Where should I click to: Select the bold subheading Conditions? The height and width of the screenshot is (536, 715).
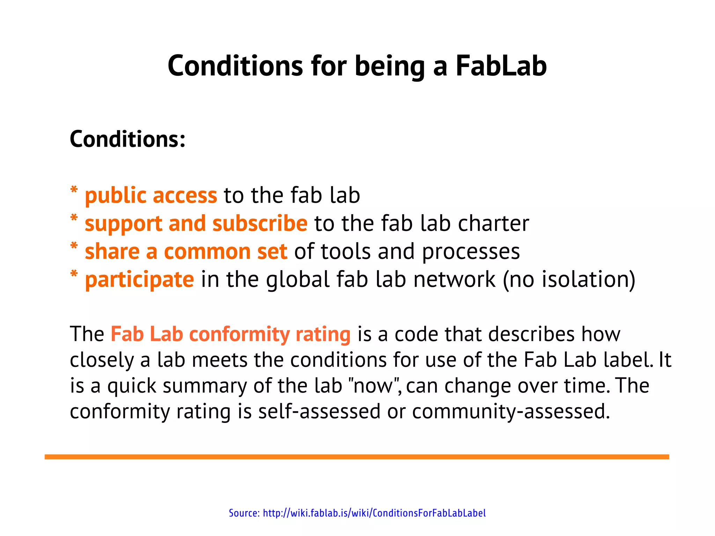coord(127,139)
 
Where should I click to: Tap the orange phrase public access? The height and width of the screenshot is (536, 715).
coord(151,195)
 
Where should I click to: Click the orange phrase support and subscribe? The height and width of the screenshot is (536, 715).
coord(196,224)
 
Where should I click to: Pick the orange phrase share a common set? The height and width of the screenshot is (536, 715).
coord(186,252)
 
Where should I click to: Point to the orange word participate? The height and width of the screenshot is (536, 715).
coord(139,280)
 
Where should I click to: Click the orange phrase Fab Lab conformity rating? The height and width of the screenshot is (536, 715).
coord(230,334)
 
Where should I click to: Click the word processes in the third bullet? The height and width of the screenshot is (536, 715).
coord(471,252)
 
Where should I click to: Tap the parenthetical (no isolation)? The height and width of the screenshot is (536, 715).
coord(569,280)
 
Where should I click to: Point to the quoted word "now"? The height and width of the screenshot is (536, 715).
coord(374,386)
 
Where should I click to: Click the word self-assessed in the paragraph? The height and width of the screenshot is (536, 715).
coord(319,411)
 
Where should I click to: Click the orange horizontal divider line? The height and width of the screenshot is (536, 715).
coord(357,457)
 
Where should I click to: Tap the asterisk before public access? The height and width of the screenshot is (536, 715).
coord(74,191)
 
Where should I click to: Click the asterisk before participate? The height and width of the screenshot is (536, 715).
coord(74,275)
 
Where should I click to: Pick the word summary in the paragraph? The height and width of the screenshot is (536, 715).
coord(205,386)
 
